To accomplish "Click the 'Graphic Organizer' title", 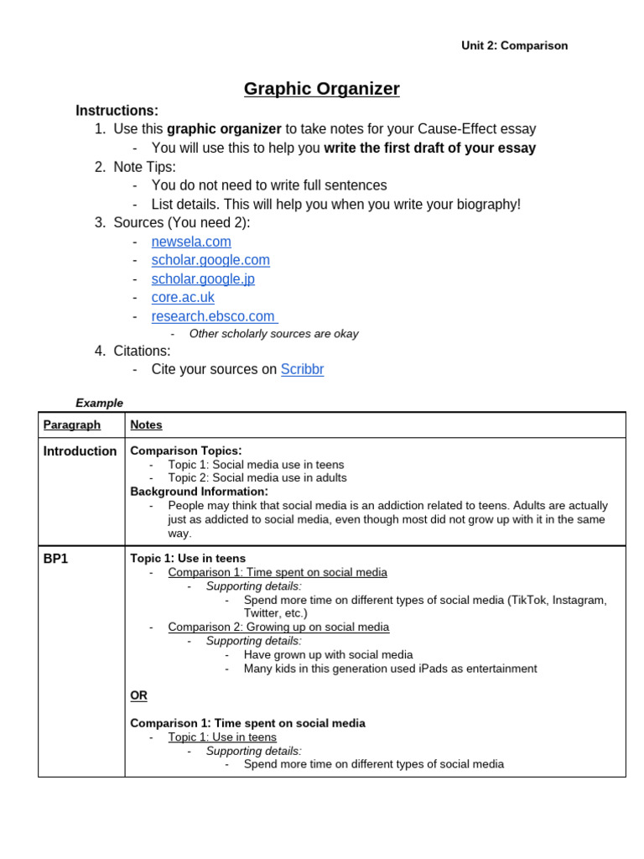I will pos(321,89).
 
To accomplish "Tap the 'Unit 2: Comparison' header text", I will pos(514,46).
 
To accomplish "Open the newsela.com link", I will pos(191,242).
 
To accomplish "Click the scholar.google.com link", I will pos(210,260).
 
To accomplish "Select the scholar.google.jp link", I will pos(203,279).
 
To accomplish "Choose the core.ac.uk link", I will pos(183,298).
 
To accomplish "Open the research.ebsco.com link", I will pos(213,316).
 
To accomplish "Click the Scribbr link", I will pos(302,370).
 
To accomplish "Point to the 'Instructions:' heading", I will pos(117,111).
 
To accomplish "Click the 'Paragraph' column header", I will pos(72,425).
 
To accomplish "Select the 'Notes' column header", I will pos(147,425).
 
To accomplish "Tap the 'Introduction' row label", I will pos(80,451).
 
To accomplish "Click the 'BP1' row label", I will pos(55,559).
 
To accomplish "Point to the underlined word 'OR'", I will pos(138,696).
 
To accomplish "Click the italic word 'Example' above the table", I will pos(99,403).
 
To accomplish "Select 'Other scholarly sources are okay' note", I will pos(273,334).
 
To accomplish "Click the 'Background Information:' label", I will pos(200,492).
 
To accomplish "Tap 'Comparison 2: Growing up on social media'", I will pos(278,627).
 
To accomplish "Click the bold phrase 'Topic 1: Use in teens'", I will pos(188,559).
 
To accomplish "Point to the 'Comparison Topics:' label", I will pos(186,451).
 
